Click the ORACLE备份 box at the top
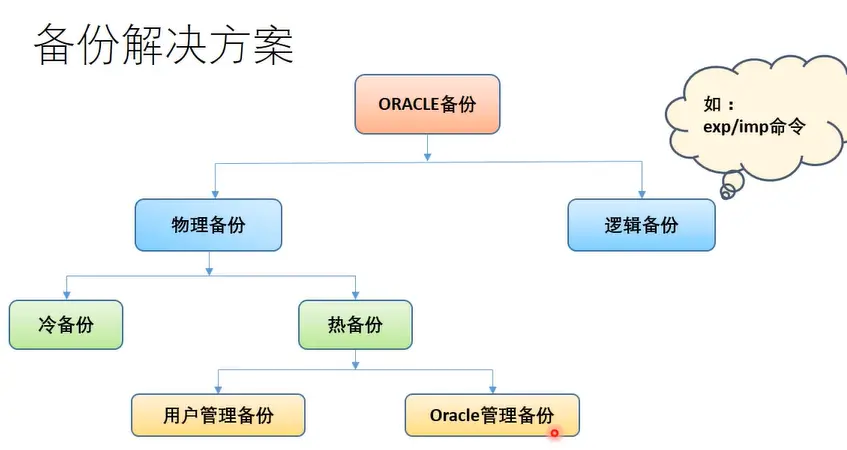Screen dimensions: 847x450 click(427, 104)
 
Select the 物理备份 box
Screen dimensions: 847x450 click(209, 225)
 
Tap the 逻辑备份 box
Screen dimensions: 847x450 click(641, 225)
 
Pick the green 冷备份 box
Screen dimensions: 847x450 click(66, 325)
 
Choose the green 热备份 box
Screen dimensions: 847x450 click(355, 325)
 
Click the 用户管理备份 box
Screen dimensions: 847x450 click(218, 415)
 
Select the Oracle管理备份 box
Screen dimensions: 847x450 click(492, 415)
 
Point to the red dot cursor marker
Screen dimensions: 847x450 click(554, 433)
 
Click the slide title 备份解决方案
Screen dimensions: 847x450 click(164, 45)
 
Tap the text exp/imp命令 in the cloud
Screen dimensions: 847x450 click(754, 127)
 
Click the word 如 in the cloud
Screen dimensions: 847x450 click(712, 104)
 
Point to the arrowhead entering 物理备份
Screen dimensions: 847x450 click(215, 194)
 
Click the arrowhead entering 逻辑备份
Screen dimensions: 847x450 click(642, 194)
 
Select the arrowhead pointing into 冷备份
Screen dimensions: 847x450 click(66, 295)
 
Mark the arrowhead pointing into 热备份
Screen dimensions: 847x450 click(355, 295)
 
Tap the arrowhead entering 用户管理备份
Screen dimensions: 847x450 click(218, 389)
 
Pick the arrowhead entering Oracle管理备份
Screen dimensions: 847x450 click(493, 389)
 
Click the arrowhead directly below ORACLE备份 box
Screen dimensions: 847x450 click(427, 157)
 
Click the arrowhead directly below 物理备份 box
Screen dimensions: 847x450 click(209, 271)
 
